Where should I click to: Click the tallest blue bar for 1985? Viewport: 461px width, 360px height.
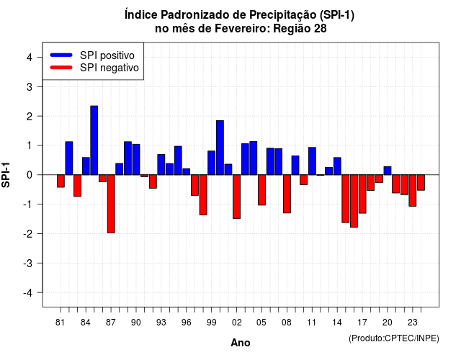tap(94, 140)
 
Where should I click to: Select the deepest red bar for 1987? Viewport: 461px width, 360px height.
tap(111, 204)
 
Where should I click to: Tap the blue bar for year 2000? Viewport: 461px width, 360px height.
tap(220, 148)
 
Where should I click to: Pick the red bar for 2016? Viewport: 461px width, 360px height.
tap(354, 201)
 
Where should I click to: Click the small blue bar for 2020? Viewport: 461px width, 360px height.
tap(388, 171)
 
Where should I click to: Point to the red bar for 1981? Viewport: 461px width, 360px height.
tap(61, 181)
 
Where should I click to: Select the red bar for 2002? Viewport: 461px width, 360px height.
tap(237, 197)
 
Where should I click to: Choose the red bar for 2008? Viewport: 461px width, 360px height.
tap(287, 194)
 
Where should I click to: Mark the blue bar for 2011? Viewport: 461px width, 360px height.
tap(312, 161)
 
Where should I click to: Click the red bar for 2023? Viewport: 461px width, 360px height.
tap(413, 190)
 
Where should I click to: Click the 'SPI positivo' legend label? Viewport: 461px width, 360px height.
tap(107, 55)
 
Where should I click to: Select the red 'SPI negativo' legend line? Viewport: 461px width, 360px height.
tap(61, 68)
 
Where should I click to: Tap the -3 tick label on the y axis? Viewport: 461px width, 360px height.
tap(28, 264)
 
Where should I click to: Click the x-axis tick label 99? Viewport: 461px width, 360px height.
tap(211, 323)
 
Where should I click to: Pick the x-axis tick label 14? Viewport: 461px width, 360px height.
tap(337, 323)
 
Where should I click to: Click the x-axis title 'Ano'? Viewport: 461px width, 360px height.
tap(241, 343)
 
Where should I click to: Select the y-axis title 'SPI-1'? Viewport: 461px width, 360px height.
tap(6, 175)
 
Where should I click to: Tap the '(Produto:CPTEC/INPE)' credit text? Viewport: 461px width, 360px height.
tap(394, 338)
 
